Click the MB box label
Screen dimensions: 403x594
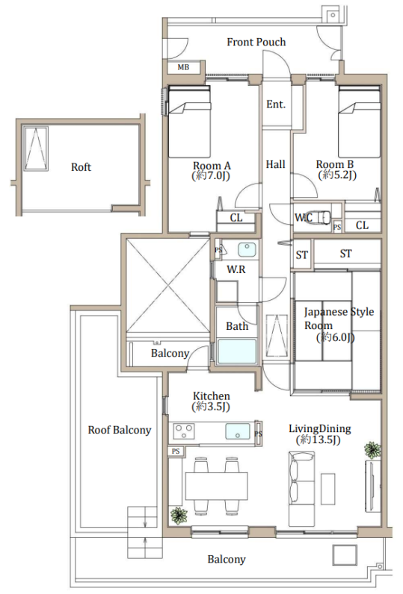click(183, 67)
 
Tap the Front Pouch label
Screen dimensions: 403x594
click(256, 42)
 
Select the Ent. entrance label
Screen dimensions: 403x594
click(276, 104)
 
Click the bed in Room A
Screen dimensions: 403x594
click(189, 121)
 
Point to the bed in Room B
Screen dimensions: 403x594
click(359, 121)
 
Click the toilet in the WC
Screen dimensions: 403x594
click(321, 217)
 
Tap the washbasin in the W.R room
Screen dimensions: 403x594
click(247, 250)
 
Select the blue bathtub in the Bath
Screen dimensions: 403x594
click(237, 352)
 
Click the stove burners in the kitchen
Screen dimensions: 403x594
click(184, 431)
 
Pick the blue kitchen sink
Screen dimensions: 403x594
click(238, 431)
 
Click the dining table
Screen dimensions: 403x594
click(216, 486)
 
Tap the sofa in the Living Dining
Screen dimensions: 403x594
click(301, 489)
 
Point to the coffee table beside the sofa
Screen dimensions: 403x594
click(328, 489)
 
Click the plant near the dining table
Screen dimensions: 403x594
click(179, 516)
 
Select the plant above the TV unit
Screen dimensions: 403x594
click(372, 450)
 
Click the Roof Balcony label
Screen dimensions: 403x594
click(120, 430)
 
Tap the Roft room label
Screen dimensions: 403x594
click(81, 167)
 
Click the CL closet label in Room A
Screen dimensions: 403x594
click(236, 217)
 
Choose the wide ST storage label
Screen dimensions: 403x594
click(345, 254)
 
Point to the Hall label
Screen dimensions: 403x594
click(275, 164)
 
